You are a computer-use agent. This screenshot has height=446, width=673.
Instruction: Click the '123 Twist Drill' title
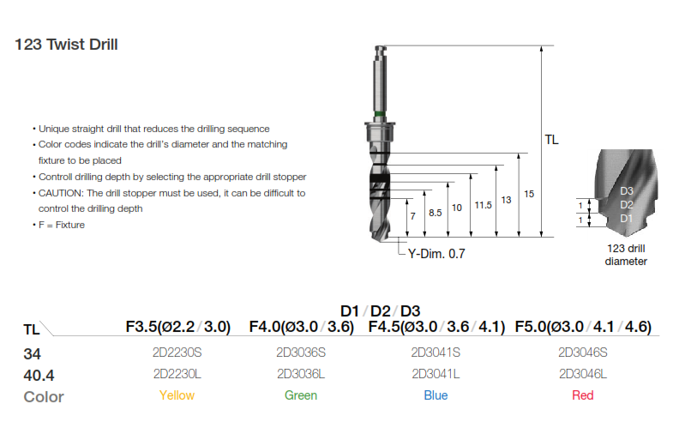[66, 45]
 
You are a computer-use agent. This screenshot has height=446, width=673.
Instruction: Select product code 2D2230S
[177, 353]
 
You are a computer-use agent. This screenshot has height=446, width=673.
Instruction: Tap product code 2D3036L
[301, 374]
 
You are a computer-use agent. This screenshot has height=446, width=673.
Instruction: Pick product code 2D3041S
[436, 353]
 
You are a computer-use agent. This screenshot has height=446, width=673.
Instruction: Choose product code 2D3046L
[583, 374]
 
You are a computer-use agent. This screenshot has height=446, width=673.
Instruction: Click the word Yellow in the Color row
[177, 395]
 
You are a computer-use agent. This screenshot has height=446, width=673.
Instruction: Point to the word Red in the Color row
[583, 395]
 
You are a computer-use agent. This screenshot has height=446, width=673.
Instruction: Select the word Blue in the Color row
[436, 395]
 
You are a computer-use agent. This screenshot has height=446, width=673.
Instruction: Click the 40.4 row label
[39, 375]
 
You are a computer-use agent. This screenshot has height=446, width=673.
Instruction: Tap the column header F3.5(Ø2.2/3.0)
[178, 327]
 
